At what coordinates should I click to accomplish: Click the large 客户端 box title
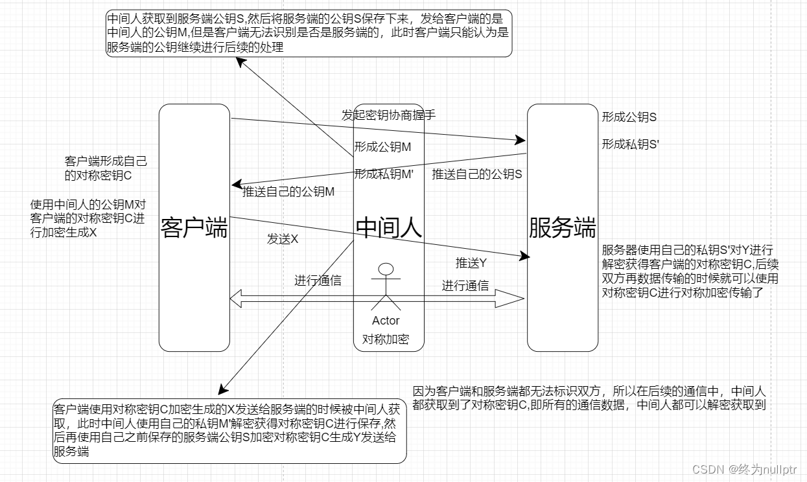[194, 228]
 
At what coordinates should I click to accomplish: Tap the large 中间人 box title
[389, 228]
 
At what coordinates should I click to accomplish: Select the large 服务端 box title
[562, 228]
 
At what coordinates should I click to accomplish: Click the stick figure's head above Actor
[386, 268]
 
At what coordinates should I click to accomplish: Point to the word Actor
[386, 321]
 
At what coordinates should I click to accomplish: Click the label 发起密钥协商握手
[388, 115]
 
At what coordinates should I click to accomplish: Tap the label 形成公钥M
[382, 147]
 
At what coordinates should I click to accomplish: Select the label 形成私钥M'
[384, 174]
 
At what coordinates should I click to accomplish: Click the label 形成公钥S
[629, 117]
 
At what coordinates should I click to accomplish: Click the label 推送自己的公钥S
[476, 174]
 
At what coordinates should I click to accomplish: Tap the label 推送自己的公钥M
[288, 192]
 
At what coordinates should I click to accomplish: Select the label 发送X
[283, 239]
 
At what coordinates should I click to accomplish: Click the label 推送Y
[471, 263]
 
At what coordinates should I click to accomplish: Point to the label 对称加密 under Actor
[386, 339]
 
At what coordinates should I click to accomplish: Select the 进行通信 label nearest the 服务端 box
[465, 286]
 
